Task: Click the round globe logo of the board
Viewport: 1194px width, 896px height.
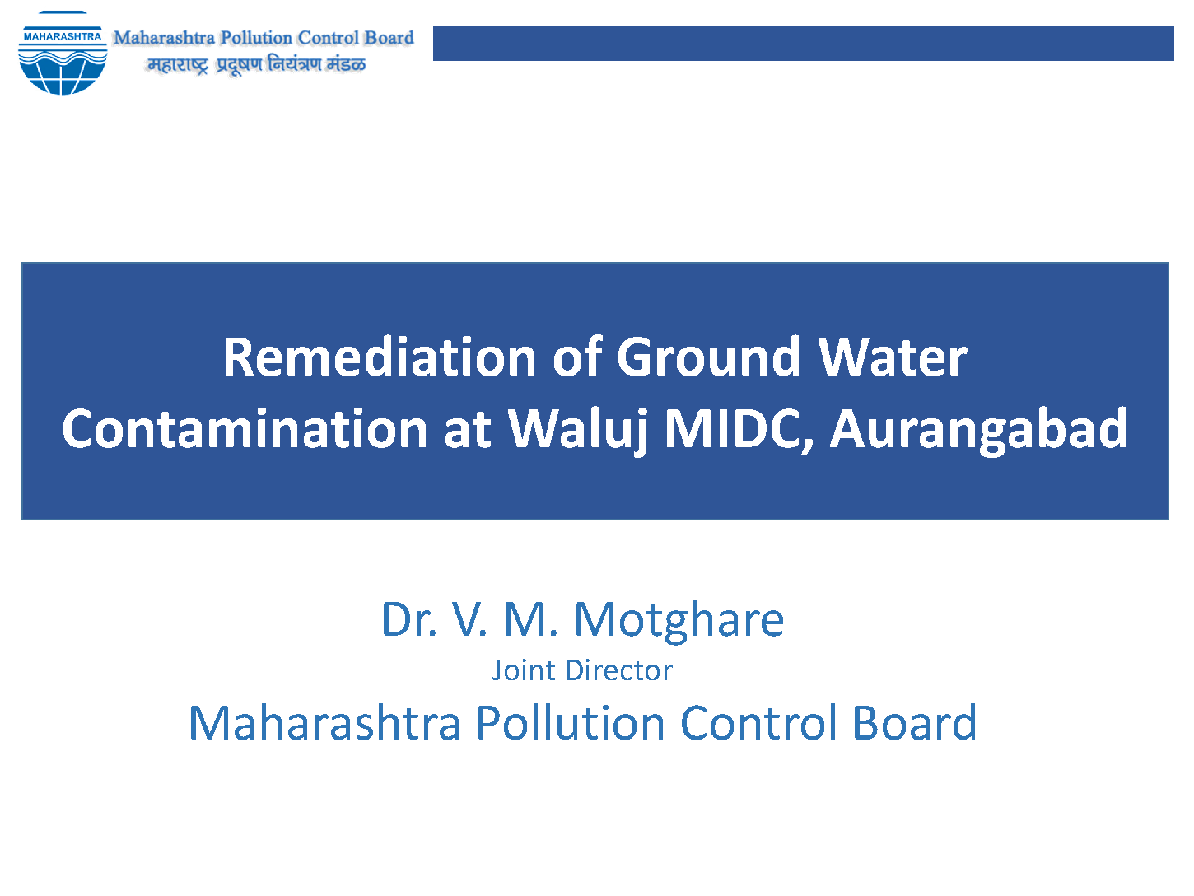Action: pos(63,54)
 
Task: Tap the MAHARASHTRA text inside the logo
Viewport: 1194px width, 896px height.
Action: pos(63,36)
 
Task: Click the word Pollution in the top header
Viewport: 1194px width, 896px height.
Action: pos(256,38)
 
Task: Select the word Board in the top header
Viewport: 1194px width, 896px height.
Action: pos(389,38)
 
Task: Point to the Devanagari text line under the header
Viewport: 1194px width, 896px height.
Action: pos(256,64)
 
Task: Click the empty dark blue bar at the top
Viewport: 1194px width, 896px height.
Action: pos(804,44)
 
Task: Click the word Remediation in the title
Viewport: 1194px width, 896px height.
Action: pos(380,357)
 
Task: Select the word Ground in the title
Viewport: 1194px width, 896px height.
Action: pos(708,357)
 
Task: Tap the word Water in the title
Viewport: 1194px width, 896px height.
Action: pos(893,357)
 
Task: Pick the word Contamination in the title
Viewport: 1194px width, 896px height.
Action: pos(245,429)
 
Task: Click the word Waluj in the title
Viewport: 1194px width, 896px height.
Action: pos(578,430)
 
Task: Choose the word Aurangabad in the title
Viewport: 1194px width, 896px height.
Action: pos(978,430)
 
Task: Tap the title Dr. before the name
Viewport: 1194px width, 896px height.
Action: pos(409,619)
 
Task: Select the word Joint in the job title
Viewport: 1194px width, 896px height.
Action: pos(525,670)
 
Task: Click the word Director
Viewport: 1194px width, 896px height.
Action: pos(619,670)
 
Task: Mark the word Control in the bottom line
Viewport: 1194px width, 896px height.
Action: pos(758,722)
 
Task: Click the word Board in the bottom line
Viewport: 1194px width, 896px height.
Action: pos(915,722)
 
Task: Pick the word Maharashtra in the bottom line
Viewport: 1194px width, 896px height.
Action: pos(324,722)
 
